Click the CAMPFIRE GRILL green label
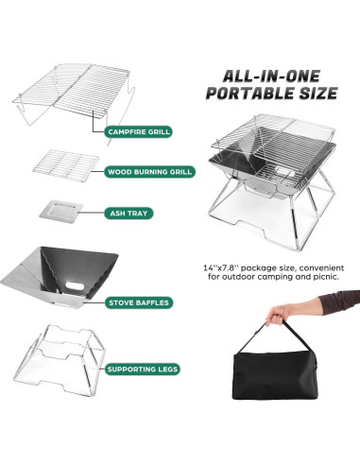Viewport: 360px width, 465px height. click(x=138, y=131)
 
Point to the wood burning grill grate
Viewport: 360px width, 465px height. click(x=65, y=163)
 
